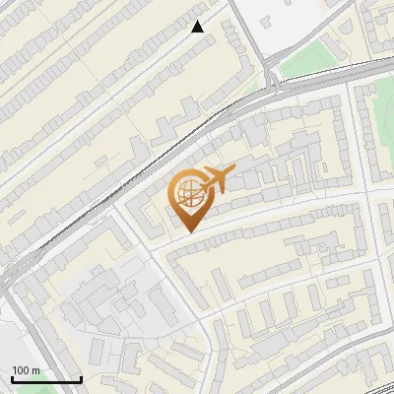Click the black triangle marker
pos(197,27)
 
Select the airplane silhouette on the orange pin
pos(217,180)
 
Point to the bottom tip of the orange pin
pos(188,232)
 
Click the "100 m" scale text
pos(27,370)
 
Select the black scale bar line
pos(46,380)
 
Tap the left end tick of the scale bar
pos(13,379)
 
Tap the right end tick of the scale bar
pos(81,379)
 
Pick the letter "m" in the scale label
pos(36,370)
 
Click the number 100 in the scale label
pos(21,370)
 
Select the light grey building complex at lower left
pos(108,305)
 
